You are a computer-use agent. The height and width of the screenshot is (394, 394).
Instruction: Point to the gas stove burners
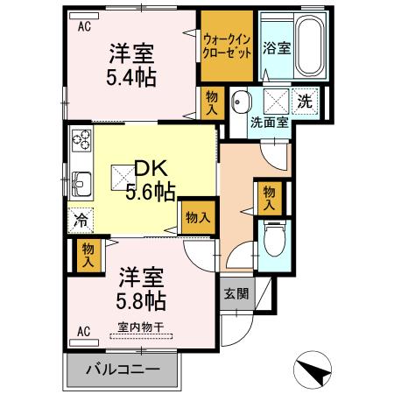pos(81,139)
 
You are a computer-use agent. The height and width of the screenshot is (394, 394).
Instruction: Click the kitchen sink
pos(81,185)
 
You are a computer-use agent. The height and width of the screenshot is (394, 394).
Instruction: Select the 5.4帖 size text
pos(132,77)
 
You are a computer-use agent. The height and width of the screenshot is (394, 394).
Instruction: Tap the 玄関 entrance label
pos(234,293)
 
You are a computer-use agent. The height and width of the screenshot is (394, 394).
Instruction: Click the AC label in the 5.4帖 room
pos(85,27)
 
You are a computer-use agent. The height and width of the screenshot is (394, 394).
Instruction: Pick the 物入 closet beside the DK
pos(196,215)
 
